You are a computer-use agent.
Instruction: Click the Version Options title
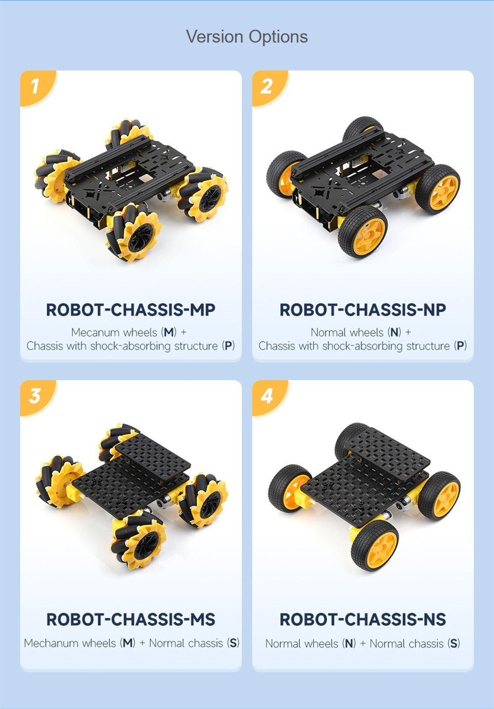pyautogui.click(x=247, y=37)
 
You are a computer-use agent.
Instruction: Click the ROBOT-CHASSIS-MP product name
pyautogui.click(x=130, y=310)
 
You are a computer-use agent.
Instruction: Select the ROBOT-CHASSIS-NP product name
pyautogui.click(x=363, y=310)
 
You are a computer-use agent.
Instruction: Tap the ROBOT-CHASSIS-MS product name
pyautogui.click(x=130, y=620)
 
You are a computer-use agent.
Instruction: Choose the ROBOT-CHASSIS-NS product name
pyautogui.click(x=363, y=620)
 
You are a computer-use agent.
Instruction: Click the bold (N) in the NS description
pyautogui.click(x=349, y=643)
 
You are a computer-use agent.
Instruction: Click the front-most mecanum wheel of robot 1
pyautogui.click(x=134, y=233)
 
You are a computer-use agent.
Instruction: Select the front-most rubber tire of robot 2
pyautogui.click(x=363, y=232)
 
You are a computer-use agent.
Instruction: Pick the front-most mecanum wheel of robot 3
pyautogui.click(x=139, y=541)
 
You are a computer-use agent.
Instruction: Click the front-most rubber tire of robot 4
pyautogui.click(x=374, y=545)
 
